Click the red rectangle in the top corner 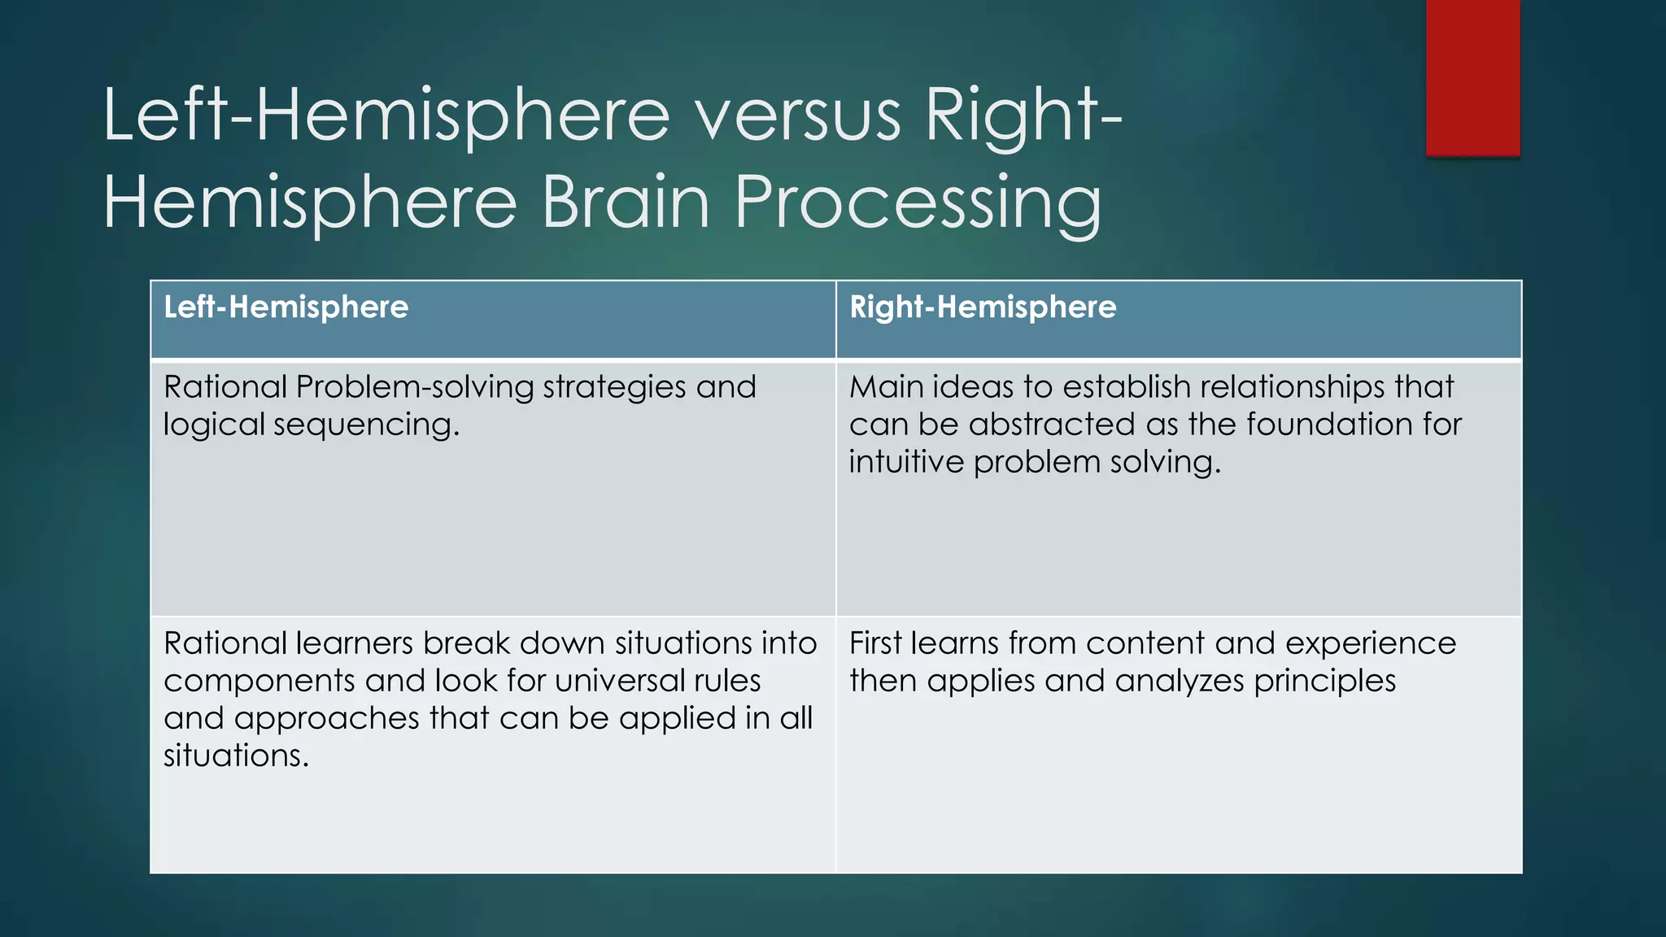point(1472,77)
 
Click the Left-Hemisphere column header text point(286,307)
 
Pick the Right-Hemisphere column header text point(983,307)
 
